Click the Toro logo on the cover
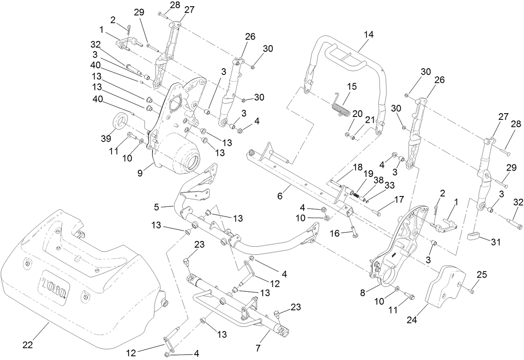pyautogui.click(x=54, y=288)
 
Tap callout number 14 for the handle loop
pyautogui.click(x=369, y=35)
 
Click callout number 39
pyautogui.click(x=106, y=139)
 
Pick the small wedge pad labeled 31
pyautogui.click(x=473, y=236)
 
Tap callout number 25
pyautogui.click(x=481, y=274)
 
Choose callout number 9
pyautogui.click(x=140, y=173)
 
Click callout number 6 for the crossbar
pyautogui.click(x=279, y=196)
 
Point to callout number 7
pyautogui.click(x=258, y=348)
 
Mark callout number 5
pyautogui.click(x=156, y=207)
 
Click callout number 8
pyautogui.click(x=362, y=293)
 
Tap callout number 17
pyautogui.click(x=399, y=199)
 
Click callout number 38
pyautogui.click(x=379, y=180)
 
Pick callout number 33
pyautogui.click(x=389, y=185)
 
